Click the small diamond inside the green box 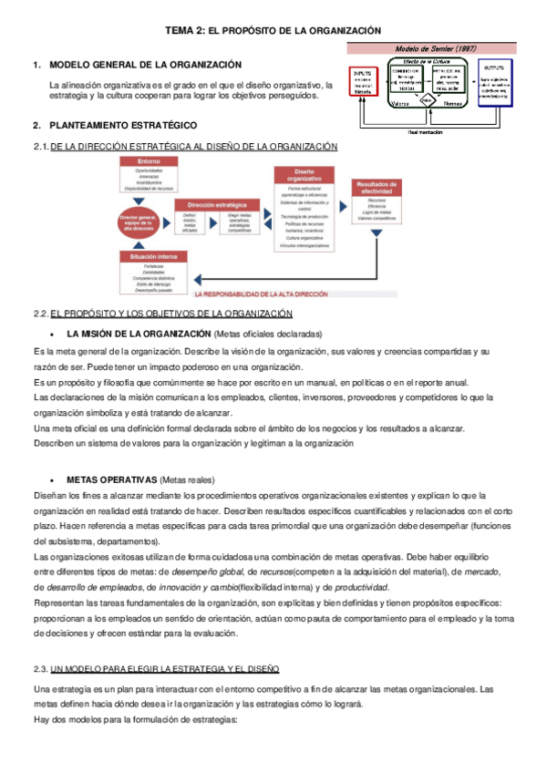426,102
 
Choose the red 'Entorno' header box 150,161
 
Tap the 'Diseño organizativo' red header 304,175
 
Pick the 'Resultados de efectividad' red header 377,188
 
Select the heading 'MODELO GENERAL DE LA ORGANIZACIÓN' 145,65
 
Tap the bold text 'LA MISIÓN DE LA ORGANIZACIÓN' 139,334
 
